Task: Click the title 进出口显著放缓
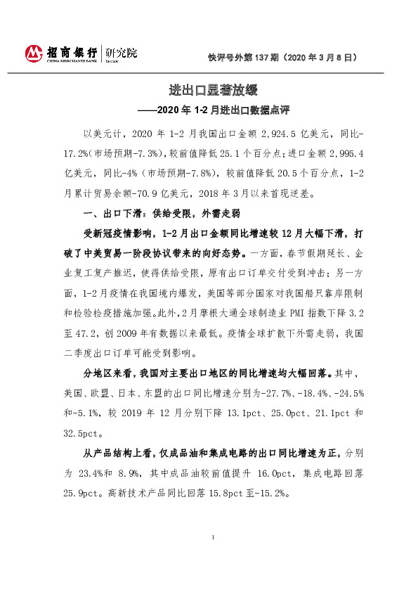(208, 91)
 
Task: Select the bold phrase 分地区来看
(110, 374)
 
